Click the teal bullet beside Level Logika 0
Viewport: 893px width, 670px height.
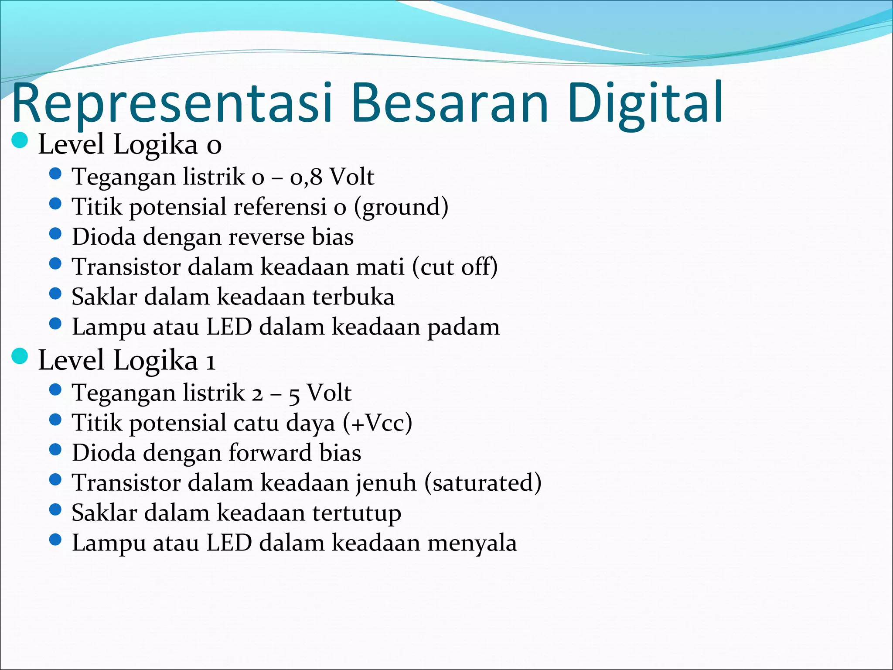(20, 141)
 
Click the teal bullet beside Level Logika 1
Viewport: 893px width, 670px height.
(20, 356)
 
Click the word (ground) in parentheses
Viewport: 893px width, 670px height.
(401, 207)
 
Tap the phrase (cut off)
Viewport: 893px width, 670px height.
(455, 267)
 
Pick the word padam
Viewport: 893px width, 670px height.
(463, 328)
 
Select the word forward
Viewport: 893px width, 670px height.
(270, 453)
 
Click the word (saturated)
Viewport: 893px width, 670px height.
(483, 483)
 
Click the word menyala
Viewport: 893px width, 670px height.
(472, 544)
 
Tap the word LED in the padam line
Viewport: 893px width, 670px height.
(229, 327)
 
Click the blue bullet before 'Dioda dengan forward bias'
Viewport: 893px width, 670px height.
(55, 450)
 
